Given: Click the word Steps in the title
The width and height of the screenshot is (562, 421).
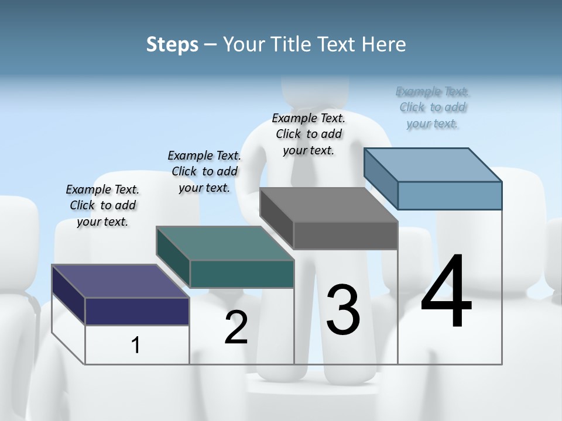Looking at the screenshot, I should click(172, 44).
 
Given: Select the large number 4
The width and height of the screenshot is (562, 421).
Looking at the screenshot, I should click(446, 292).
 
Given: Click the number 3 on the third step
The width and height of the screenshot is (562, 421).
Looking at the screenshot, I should click(343, 309).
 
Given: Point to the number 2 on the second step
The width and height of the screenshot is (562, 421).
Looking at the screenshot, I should click(236, 327).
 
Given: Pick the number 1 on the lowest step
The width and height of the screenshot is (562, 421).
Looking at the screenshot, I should click(136, 346).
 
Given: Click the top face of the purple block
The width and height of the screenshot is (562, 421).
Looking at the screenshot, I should click(120, 281).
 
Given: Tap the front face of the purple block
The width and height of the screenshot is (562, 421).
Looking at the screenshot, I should click(137, 311).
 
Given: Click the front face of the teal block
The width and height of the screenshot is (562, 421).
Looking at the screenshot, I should click(242, 274).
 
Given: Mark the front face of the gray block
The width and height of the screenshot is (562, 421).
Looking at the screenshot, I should click(345, 235).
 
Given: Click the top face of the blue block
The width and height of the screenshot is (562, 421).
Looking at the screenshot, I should click(433, 165).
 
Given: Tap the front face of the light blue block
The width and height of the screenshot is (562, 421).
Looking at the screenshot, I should click(450, 195).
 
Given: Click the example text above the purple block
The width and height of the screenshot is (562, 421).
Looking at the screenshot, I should click(102, 205).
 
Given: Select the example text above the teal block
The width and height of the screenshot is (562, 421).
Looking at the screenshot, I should click(204, 171).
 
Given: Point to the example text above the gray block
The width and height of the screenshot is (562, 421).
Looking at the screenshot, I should click(309, 134).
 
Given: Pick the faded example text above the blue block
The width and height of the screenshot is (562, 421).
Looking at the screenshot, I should click(433, 107).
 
